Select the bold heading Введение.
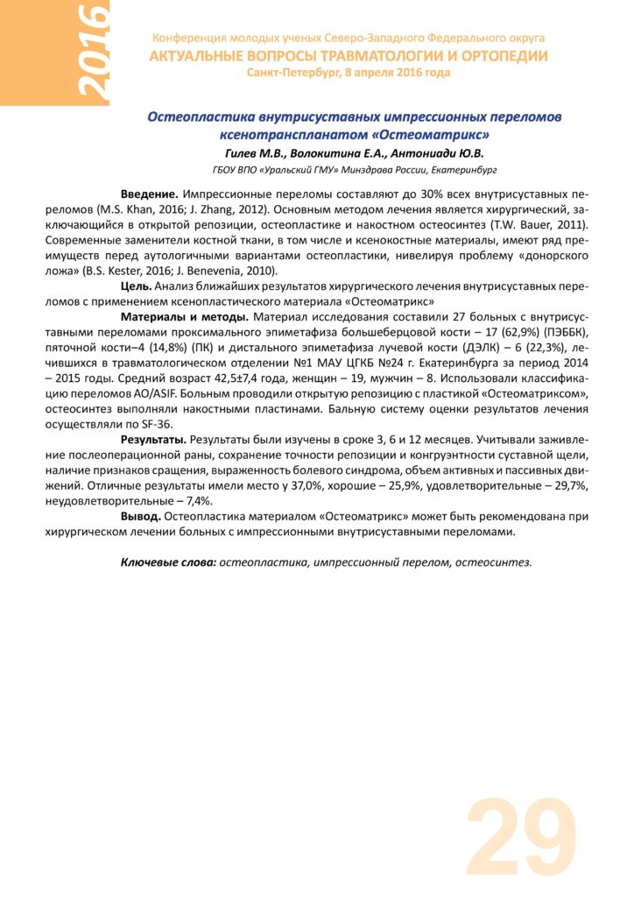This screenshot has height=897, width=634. [x=150, y=192]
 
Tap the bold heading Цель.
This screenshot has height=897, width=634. [x=137, y=286]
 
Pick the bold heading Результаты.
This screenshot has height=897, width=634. [x=153, y=438]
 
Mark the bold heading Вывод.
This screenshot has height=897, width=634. [x=140, y=517]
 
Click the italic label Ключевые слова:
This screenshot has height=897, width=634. [x=168, y=562]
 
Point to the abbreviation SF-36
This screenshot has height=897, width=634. [x=166, y=422]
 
